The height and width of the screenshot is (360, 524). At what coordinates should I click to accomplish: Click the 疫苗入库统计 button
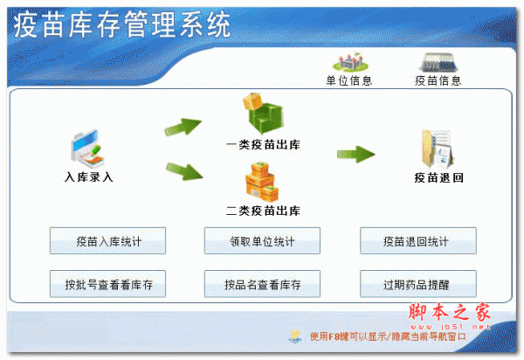pyautogui.click(x=107, y=240)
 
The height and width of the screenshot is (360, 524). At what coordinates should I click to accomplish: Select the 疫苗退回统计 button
pyautogui.click(x=418, y=240)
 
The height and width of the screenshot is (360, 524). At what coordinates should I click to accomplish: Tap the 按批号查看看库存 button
pyautogui.click(x=107, y=284)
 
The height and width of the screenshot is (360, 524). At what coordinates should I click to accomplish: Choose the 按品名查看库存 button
pyautogui.click(x=262, y=284)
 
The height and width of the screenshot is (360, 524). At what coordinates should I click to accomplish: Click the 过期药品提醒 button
pyautogui.click(x=418, y=284)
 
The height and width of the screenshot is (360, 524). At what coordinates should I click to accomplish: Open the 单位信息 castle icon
pyautogui.click(x=350, y=62)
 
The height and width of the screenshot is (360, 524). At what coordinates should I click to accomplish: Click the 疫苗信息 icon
pyautogui.click(x=438, y=62)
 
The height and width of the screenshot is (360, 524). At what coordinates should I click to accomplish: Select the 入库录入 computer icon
pyautogui.click(x=87, y=149)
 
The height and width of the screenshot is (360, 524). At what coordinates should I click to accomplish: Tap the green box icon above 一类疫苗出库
pyautogui.click(x=263, y=113)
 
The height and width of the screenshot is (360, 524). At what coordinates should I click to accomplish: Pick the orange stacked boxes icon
pyautogui.click(x=262, y=182)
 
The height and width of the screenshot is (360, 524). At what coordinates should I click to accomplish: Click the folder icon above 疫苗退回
pyautogui.click(x=438, y=149)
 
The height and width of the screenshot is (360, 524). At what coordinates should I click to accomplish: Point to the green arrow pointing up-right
pyautogui.click(x=183, y=127)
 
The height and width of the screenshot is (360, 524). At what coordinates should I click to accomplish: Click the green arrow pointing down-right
pyautogui.click(x=184, y=171)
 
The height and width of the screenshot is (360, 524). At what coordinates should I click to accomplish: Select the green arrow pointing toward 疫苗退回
pyautogui.click(x=356, y=154)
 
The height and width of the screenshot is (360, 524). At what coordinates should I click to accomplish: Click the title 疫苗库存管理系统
pyautogui.click(x=121, y=24)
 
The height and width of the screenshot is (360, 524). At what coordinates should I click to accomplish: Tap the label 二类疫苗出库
pyautogui.click(x=263, y=211)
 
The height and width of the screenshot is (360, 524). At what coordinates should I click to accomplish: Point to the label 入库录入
pyautogui.click(x=89, y=177)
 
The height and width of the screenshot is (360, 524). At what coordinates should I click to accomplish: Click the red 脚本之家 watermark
pyautogui.click(x=450, y=312)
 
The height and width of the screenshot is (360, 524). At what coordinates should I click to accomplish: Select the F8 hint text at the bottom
pyautogui.click(x=388, y=336)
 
